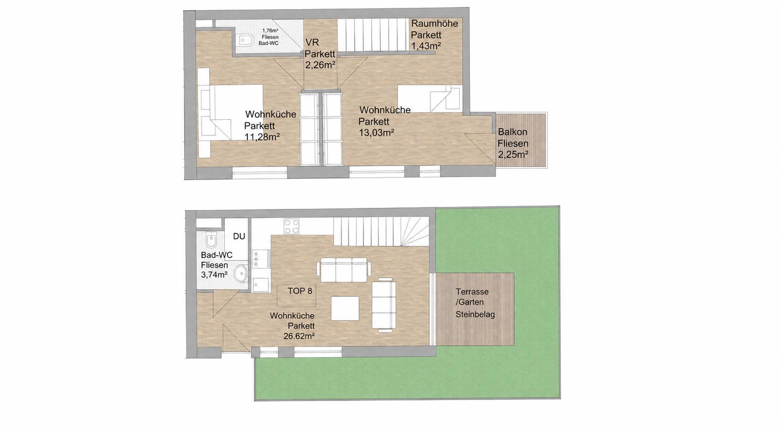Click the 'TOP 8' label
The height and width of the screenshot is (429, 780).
pyautogui.click(x=300, y=291)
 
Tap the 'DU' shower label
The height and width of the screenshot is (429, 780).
pyautogui.click(x=239, y=236)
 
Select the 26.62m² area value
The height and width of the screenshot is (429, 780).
pyautogui.click(x=299, y=336)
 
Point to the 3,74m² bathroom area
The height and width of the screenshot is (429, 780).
pyautogui.click(x=214, y=275)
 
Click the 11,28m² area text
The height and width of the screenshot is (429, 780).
pyautogui.click(x=262, y=137)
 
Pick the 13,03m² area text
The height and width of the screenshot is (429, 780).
pyautogui.click(x=376, y=132)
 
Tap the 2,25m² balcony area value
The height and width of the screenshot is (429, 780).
pyautogui.click(x=513, y=154)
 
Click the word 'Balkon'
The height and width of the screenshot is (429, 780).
pyautogui.click(x=512, y=132)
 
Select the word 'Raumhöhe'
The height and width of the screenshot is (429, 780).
pyautogui.click(x=434, y=24)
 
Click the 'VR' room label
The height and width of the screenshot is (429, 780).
pyautogui.click(x=312, y=42)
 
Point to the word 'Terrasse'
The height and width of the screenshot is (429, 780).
pyautogui.click(x=472, y=292)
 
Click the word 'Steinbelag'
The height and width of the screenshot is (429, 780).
pyautogui.click(x=475, y=315)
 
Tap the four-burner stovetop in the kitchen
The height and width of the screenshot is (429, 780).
pyautogui.click(x=291, y=226)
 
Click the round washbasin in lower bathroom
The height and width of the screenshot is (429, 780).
pyautogui.click(x=240, y=274)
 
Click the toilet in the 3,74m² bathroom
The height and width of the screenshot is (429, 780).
pyautogui.click(x=210, y=240)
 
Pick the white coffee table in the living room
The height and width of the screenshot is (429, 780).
pyautogui.click(x=345, y=308)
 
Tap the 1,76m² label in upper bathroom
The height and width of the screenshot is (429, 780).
pyautogui.click(x=270, y=30)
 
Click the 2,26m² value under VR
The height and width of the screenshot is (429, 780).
pyautogui.click(x=320, y=65)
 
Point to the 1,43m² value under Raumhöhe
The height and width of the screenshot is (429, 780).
pyautogui.click(x=426, y=46)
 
